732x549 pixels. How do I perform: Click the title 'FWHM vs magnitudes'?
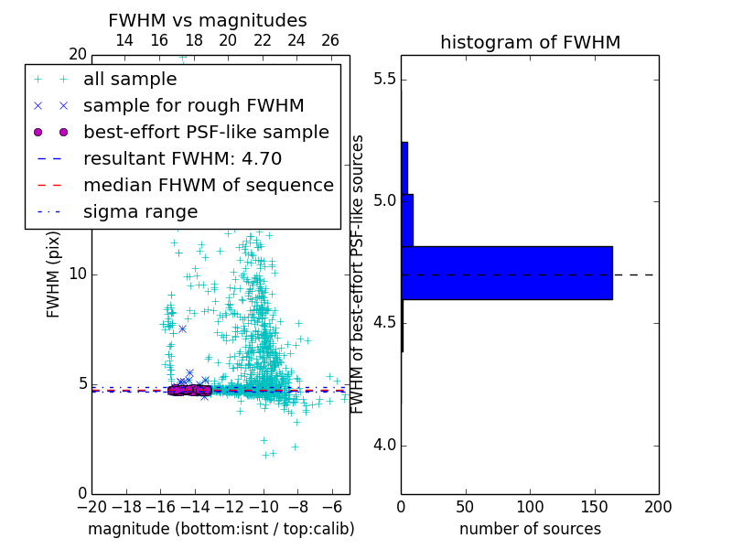click(207, 20)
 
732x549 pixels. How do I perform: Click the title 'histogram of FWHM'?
click(530, 42)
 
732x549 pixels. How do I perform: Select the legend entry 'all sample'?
click(130, 80)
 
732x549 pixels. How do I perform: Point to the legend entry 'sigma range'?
click(140, 212)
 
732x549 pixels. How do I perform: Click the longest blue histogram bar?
click(506, 273)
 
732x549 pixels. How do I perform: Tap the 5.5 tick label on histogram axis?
click(384, 80)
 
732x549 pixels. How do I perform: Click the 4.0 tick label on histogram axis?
click(384, 446)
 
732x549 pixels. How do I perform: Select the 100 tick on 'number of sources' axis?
click(530, 506)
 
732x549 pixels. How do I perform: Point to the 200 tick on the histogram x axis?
click(658, 506)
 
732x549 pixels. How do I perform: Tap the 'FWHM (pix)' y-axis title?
click(54, 274)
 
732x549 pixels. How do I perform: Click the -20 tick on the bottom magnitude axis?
click(91, 506)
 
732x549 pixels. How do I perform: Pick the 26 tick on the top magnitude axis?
click(330, 40)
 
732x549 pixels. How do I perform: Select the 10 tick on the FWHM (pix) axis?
click(77, 274)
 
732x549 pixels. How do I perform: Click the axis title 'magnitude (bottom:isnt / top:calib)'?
click(221, 529)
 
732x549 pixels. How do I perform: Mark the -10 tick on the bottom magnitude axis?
click(264, 506)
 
